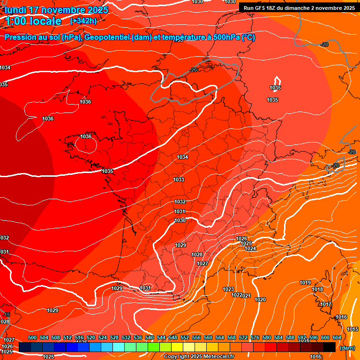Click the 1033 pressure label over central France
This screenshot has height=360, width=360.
179,180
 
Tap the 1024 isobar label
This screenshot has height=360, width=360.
250,248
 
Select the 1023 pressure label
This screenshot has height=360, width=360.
228,289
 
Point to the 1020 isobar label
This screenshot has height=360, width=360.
260,300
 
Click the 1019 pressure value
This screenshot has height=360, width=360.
305,283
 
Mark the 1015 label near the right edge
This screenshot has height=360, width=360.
352,329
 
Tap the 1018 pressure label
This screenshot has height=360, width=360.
317,289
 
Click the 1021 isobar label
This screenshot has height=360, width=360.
247,296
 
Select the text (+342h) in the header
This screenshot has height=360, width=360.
83,21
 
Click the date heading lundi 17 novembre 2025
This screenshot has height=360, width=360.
56,10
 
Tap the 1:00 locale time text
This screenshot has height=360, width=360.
34,21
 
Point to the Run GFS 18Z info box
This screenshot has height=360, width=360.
299,8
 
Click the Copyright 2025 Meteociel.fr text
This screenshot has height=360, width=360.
199,357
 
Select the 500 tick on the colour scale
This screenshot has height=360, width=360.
32,337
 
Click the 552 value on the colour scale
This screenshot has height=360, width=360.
185,337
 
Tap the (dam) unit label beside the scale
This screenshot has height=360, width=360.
347,348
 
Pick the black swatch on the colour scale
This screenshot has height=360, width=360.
330,347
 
